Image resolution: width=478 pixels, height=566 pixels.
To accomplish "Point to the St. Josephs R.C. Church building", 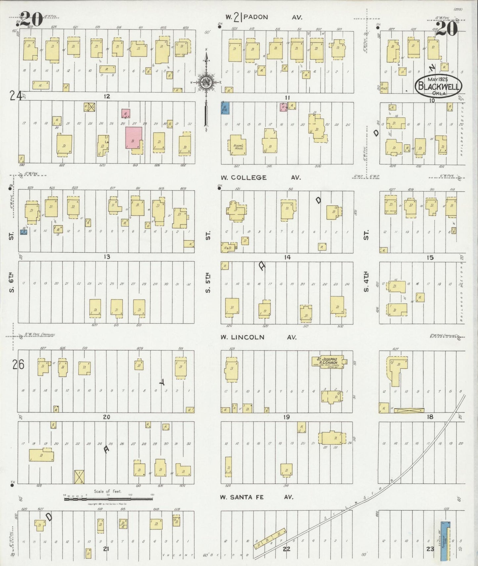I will coord(327,361).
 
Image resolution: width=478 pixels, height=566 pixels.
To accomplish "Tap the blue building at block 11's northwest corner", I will coord(225,108).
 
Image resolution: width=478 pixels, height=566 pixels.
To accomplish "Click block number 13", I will coord(107,257).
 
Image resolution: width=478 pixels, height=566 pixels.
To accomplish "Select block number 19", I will coord(286,417).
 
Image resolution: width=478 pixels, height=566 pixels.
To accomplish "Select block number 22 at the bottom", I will coord(286,549).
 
